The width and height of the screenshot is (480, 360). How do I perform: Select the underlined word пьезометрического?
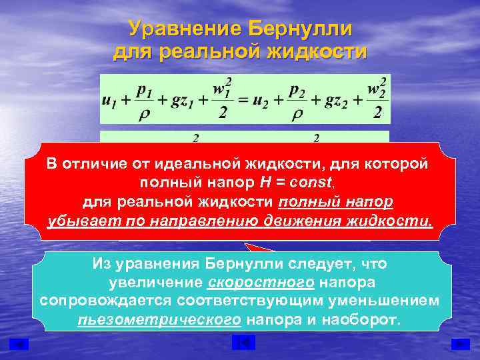click(x=159, y=319)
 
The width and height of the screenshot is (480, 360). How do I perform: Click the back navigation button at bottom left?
click(x=20, y=343)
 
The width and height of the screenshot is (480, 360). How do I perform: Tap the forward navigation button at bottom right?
click(x=459, y=343)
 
